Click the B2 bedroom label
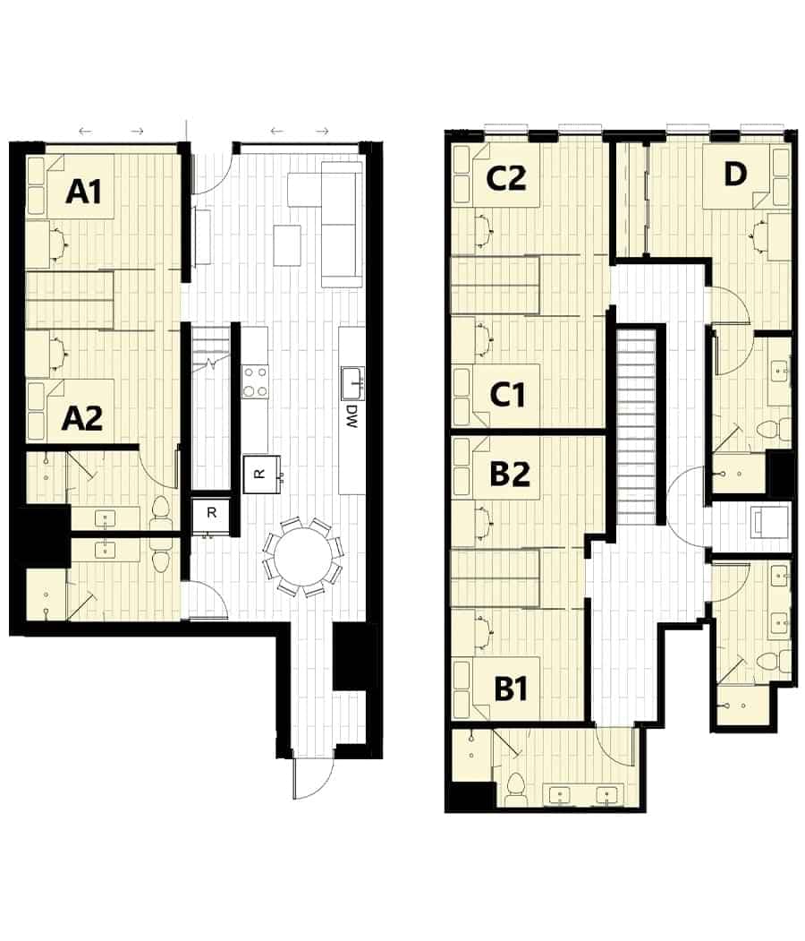(x=510, y=473)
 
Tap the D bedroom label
(x=733, y=175)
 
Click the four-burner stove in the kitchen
(x=255, y=380)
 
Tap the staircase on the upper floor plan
(x=639, y=425)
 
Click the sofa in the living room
(x=341, y=224)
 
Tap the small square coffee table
(x=287, y=244)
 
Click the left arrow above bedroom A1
(x=85, y=132)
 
